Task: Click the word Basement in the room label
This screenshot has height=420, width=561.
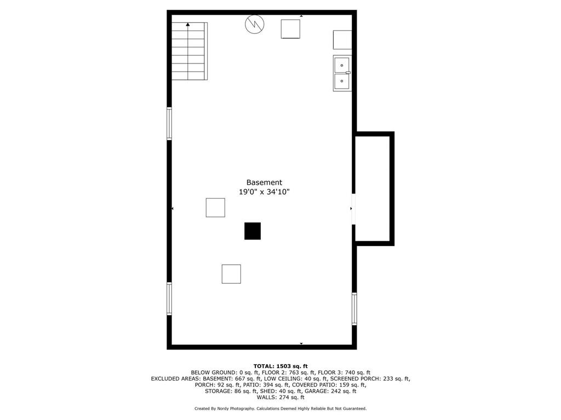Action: point(264,183)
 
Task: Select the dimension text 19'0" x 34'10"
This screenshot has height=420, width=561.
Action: point(264,192)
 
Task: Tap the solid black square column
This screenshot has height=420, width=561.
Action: point(253,231)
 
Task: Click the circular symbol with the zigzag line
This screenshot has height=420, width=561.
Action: point(254,24)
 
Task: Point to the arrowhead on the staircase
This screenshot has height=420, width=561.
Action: point(188,25)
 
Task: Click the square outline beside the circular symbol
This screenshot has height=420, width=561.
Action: point(290,29)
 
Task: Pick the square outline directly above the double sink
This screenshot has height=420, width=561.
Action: point(342,40)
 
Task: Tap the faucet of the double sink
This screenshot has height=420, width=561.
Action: point(348,73)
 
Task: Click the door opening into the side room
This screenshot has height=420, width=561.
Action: point(354,209)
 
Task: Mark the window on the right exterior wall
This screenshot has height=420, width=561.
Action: point(354,309)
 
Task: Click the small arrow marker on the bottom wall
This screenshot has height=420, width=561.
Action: point(301,343)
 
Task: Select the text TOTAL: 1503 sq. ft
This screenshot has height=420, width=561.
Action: point(280,366)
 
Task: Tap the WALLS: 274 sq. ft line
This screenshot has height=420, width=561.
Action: point(280,398)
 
